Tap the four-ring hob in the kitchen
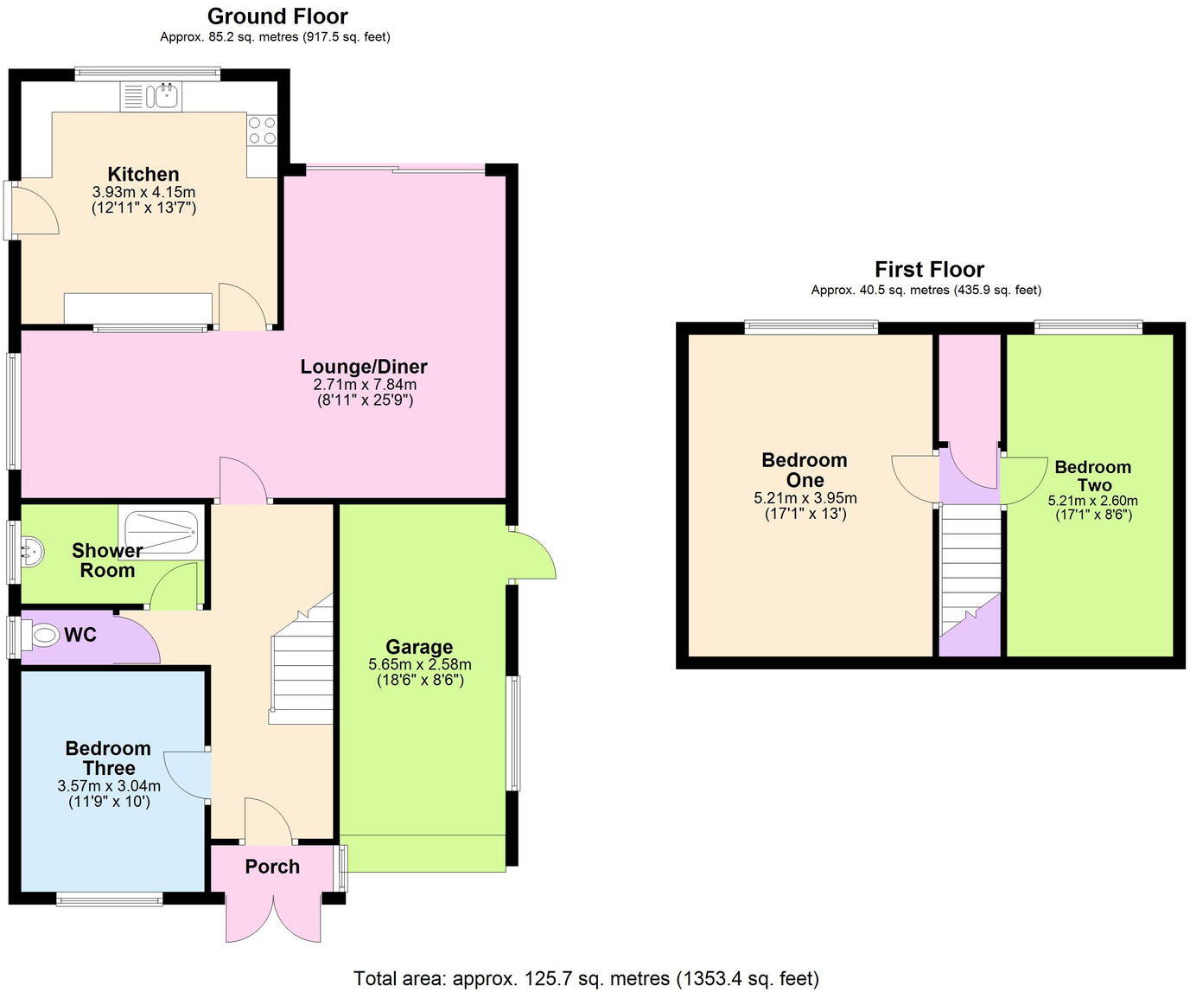click(x=262, y=131)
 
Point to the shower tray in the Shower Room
click(x=162, y=531)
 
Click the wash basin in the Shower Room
click(x=30, y=551)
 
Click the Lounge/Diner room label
click(x=364, y=367)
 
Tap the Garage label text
click(x=419, y=647)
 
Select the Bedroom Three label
click(x=108, y=758)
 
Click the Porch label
click(x=272, y=867)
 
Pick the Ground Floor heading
click(x=277, y=16)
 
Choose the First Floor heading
click(x=929, y=269)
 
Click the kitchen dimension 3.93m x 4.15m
click(x=143, y=192)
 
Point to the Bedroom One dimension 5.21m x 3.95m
click(x=805, y=498)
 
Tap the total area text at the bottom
click(x=586, y=978)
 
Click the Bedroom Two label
click(x=1093, y=476)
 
